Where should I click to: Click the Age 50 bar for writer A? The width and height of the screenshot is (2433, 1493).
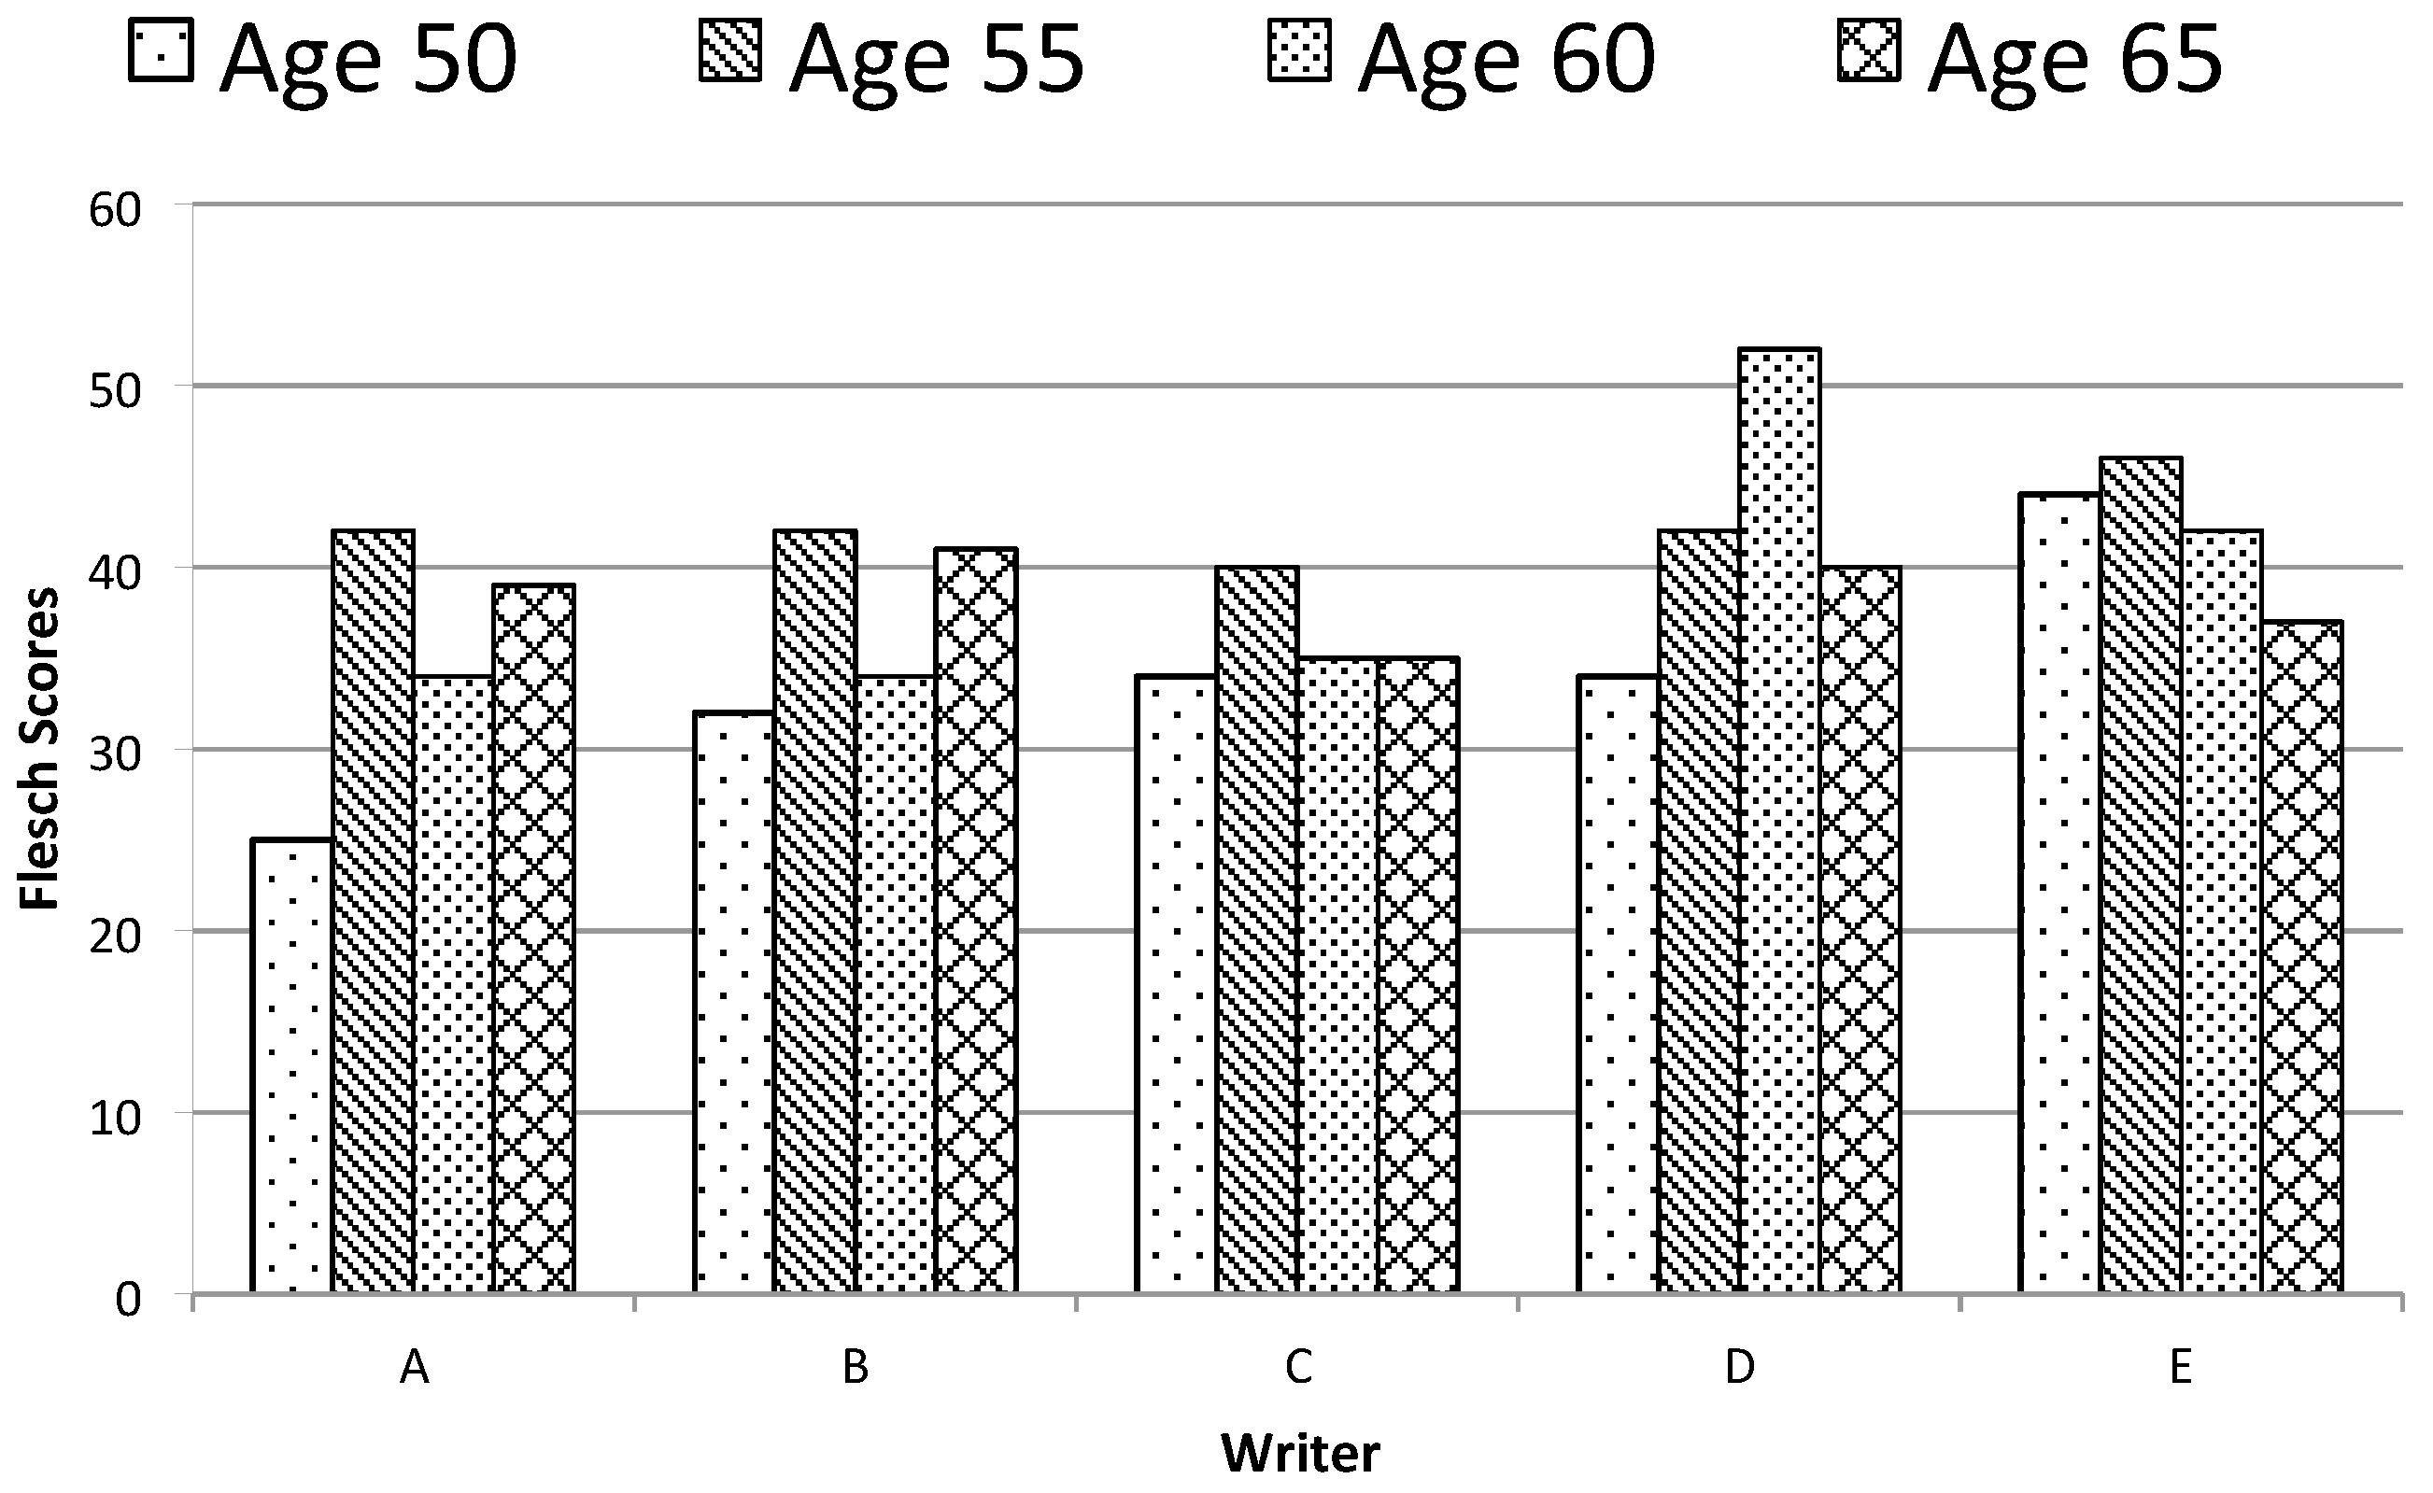292,1066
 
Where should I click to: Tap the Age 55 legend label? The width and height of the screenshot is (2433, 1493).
937,59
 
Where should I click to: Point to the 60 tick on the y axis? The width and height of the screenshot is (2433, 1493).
115,211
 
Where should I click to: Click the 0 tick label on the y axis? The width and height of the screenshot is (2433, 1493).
128,1301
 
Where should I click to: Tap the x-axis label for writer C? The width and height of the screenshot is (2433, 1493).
1297,1369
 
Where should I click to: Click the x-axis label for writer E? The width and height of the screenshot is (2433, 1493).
2181,1369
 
